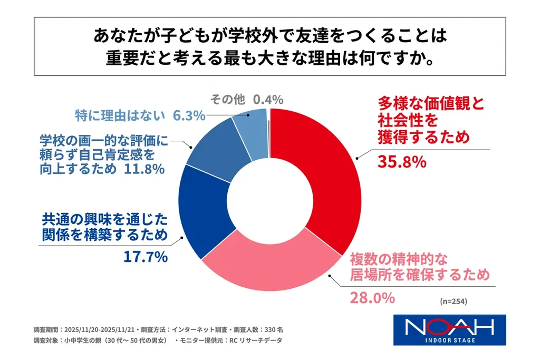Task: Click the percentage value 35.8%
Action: click(x=401, y=161)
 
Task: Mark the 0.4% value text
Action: click(x=268, y=99)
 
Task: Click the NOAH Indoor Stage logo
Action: click(x=450, y=330)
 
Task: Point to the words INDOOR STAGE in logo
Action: click(x=450, y=340)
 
